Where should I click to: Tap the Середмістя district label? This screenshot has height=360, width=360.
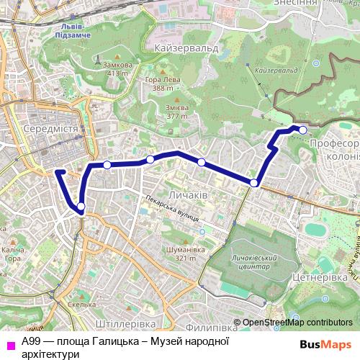[50, 129]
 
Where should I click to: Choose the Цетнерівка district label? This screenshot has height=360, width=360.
[322, 276]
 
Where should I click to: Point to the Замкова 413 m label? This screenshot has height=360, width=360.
[117, 68]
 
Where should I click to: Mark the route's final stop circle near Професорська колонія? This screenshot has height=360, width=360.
[303, 130]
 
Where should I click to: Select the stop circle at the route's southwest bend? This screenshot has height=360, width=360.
[81, 207]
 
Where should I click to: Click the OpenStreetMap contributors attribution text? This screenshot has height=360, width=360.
[297, 302]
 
